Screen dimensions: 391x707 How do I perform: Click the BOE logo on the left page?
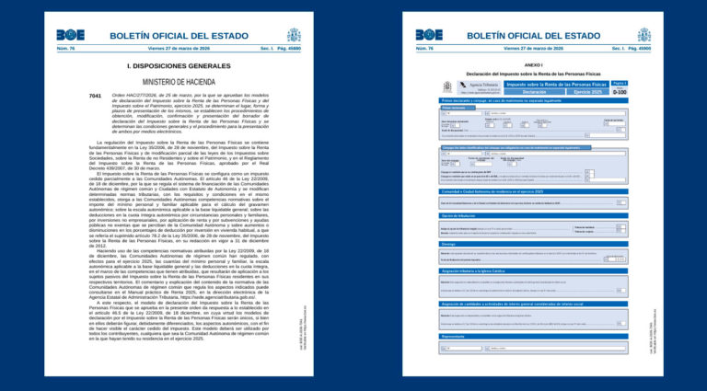73,35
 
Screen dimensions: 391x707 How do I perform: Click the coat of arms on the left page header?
294,35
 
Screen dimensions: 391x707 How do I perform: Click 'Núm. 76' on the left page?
66,48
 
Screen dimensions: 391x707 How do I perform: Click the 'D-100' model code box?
620,92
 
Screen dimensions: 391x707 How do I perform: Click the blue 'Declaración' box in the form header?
535,92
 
